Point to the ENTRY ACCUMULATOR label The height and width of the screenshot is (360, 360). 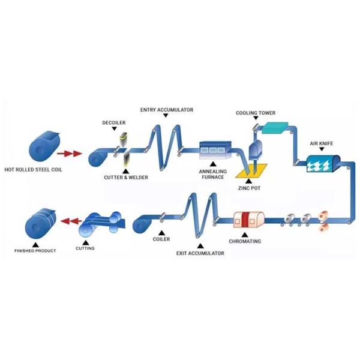coord(167,110)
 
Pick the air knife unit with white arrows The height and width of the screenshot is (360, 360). coord(323,163)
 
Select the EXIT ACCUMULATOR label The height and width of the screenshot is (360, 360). coord(200,253)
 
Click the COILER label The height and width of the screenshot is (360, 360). coord(161,239)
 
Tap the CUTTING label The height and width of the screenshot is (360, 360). coord(85,248)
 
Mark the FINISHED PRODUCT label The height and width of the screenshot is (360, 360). coord(35,250)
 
